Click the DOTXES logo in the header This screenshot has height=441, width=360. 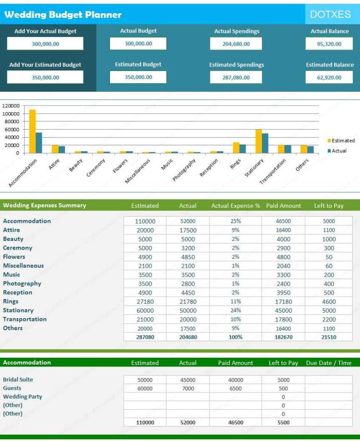point(330,15)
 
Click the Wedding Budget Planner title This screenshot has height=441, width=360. point(63,15)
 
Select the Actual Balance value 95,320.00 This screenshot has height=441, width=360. point(329,44)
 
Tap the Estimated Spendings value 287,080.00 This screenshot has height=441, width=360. point(236,77)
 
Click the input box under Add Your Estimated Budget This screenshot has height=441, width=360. point(45,77)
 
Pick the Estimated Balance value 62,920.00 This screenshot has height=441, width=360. point(329,77)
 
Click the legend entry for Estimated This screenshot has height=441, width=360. point(340,141)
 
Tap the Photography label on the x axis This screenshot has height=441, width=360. point(185,170)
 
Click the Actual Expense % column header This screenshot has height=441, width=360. point(235,206)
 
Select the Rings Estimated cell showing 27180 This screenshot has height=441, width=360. point(145,301)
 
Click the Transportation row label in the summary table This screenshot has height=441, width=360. point(25,319)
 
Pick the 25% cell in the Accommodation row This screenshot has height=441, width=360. point(235,221)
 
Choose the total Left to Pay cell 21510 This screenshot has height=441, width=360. point(329,337)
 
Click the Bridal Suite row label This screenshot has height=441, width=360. point(18,380)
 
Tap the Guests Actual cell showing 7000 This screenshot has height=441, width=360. point(187,388)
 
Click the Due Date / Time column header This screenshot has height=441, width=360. point(329,363)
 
